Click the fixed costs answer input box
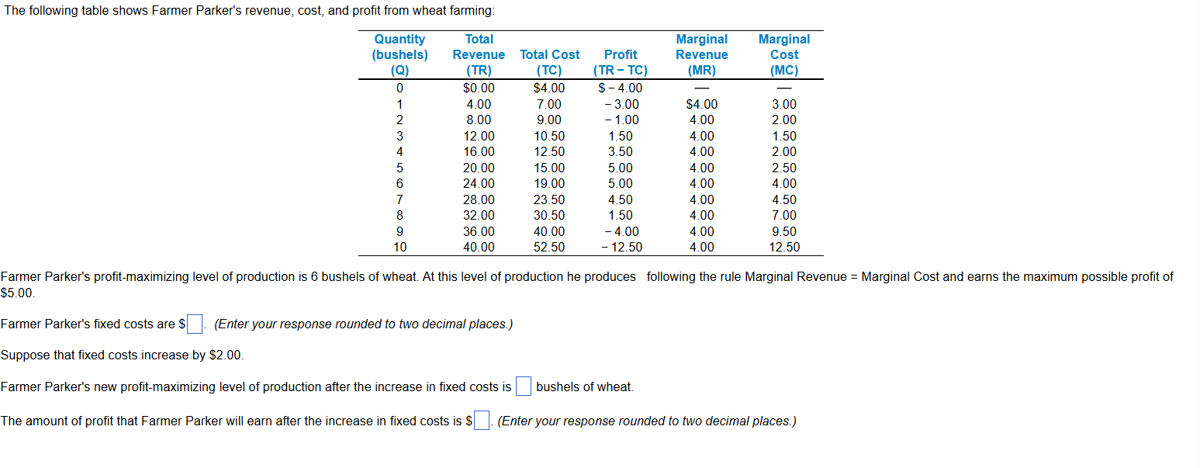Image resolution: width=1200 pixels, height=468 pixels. coord(195,324)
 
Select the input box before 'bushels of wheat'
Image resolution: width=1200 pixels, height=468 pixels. coord(524,387)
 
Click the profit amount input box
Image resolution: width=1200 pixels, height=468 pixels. coord(482,421)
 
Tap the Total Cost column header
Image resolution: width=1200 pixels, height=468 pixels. coord(549,55)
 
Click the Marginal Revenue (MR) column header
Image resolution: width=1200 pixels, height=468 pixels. coord(701,54)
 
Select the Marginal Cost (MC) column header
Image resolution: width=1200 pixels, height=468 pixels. coord(783,54)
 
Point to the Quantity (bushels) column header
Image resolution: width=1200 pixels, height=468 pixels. coord(399,54)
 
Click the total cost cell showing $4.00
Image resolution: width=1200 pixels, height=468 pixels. coord(549,88)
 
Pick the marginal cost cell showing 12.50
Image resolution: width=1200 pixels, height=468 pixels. coord(783,248)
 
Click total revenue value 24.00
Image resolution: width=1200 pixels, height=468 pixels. coord(479,184)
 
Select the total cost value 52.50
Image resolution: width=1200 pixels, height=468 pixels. coord(549,248)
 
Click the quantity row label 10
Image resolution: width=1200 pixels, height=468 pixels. coord(399,248)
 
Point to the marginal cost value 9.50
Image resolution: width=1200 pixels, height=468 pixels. coord(783,231)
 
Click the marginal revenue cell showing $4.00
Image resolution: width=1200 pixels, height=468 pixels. coord(701,104)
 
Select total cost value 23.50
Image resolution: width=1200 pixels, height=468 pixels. coord(549,199)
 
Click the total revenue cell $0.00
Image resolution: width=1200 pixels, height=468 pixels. coord(479,88)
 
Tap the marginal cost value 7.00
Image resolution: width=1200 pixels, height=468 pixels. coord(783,215)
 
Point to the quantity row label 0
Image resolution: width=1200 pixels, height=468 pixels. coord(399,88)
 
